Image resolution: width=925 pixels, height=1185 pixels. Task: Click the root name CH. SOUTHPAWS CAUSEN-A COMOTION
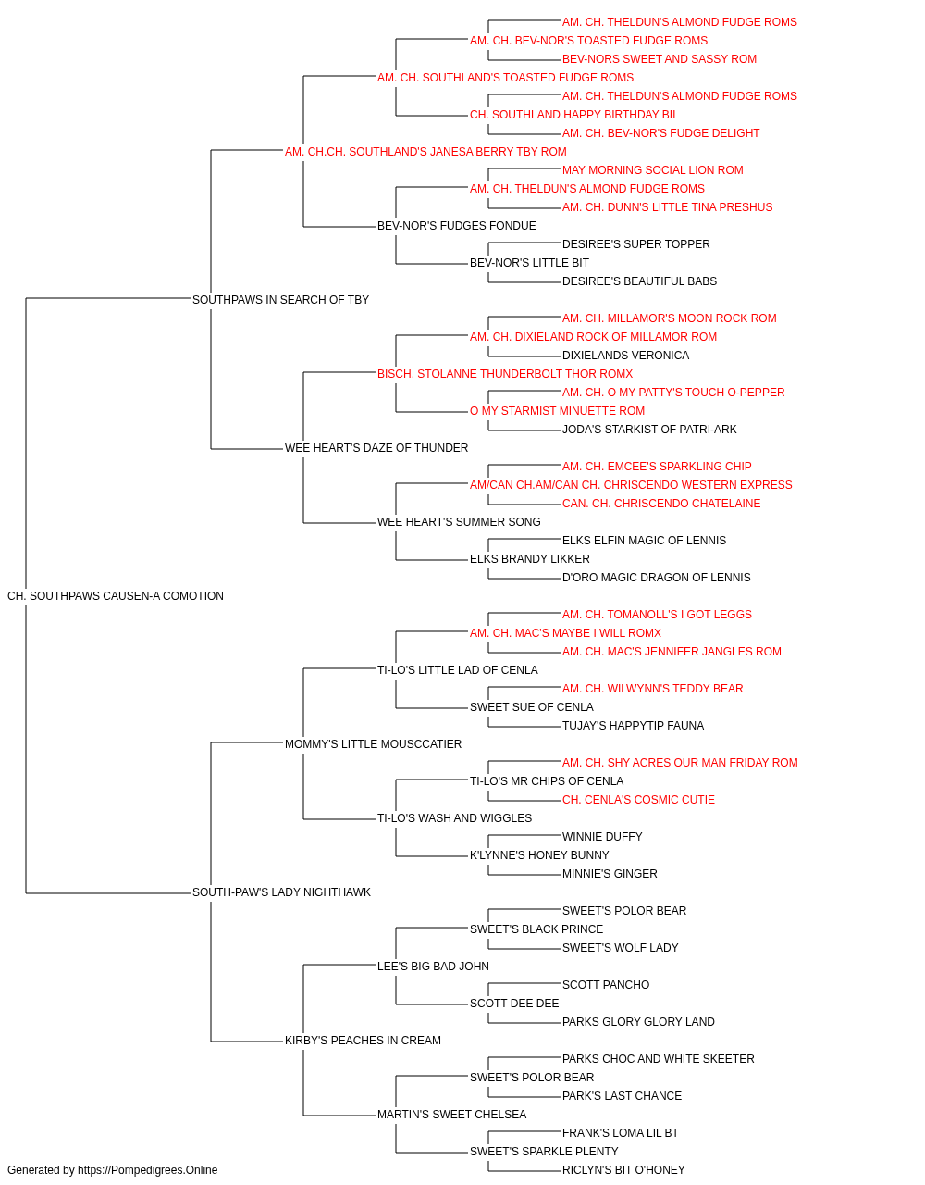click(116, 596)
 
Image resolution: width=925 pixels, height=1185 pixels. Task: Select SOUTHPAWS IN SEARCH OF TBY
click(280, 299)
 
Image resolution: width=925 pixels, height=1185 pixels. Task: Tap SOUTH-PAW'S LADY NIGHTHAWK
click(281, 892)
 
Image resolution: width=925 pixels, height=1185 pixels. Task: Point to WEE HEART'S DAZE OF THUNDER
click(376, 448)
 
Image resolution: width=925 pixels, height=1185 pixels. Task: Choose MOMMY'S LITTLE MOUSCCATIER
click(373, 743)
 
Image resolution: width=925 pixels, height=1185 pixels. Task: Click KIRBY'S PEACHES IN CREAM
click(363, 1040)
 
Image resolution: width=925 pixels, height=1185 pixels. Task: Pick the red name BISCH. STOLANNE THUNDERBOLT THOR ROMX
click(505, 373)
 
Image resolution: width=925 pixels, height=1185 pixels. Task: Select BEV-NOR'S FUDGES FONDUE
click(457, 225)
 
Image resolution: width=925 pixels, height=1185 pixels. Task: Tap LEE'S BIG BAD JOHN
click(433, 966)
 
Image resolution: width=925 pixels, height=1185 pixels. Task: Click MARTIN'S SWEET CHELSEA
click(452, 1114)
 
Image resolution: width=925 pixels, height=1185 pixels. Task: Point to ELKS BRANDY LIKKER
click(530, 559)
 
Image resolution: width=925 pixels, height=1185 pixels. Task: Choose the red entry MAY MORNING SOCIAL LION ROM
click(653, 169)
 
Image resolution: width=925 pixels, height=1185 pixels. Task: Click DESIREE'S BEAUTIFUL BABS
click(639, 281)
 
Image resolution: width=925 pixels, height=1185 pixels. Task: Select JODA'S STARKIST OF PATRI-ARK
click(649, 430)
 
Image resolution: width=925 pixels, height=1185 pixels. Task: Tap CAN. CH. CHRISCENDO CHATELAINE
click(661, 504)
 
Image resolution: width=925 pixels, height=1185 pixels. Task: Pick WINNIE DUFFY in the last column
click(602, 837)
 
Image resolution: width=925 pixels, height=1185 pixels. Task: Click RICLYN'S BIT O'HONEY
click(623, 1170)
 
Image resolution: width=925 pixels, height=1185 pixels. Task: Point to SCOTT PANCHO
click(606, 984)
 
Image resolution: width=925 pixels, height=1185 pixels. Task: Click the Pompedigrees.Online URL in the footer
click(148, 1170)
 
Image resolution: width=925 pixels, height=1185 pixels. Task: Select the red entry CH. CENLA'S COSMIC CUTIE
click(638, 800)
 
